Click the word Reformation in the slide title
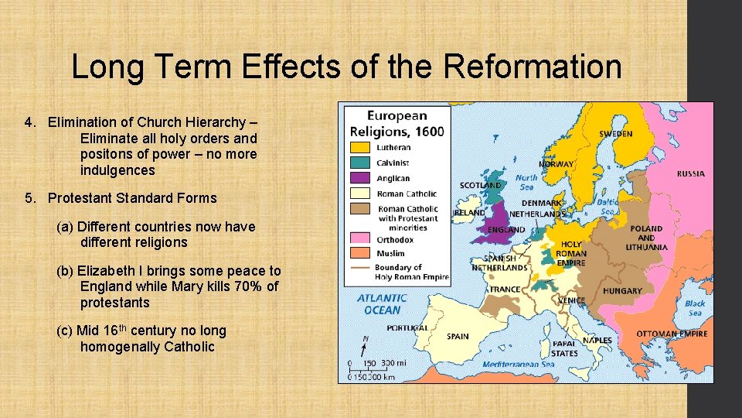coord(533,67)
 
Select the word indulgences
coord(117,170)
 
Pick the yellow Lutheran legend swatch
coord(360,147)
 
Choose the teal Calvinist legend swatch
coord(360,163)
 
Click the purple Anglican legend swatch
coord(360,178)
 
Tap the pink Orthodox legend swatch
coord(360,238)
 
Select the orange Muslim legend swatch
coord(360,253)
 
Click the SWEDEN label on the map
coord(616,134)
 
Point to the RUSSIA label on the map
coord(690,174)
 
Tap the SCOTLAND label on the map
coord(481,186)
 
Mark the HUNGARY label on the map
coord(623,291)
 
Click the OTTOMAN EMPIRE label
coord(672,334)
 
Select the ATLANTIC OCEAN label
coord(382,304)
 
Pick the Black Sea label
coord(695,308)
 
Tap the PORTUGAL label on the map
coord(407,328)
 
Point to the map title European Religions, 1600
coord(397,124)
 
